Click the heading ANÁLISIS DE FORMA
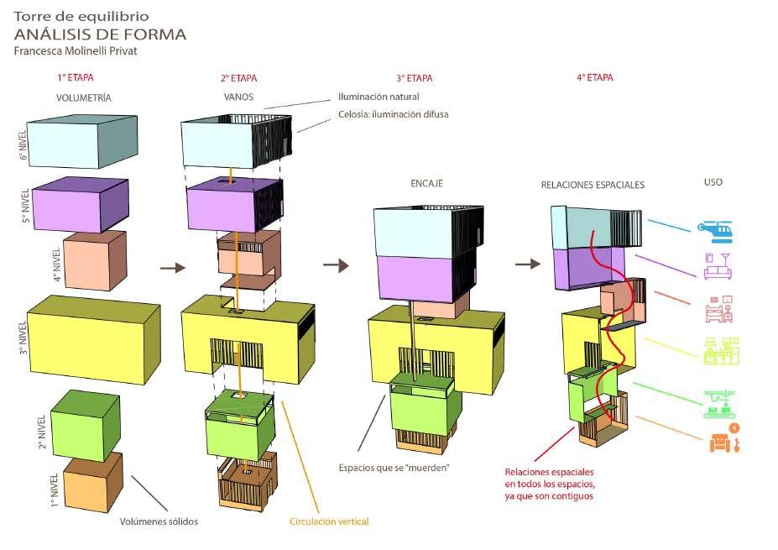pyautogui.click(x=100, y=34)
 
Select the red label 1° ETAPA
pyautogui.click(x=75, y=78)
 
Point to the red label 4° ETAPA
pyautogui.click(x=594, y=78)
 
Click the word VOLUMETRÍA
pyautogui.click(x=83, y=98)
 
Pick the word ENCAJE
pyautogui.click(x=426, y=183)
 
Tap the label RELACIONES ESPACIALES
pyautogui.click(x=593, y=185)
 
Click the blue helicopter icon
pyautogui.click(x=714, y=228)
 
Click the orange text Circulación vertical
pyautogui.click(x=329, y=522)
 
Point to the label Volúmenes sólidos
pyautogui.click(x=159, y=521)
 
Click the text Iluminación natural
pyautogui.click(x=378, y=97)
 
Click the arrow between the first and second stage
pyautogui.click(x=172, y=268)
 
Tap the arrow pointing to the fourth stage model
pyautogui.click(x=528, y=264)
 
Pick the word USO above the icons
pyautogui.click(x=713, y=182)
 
